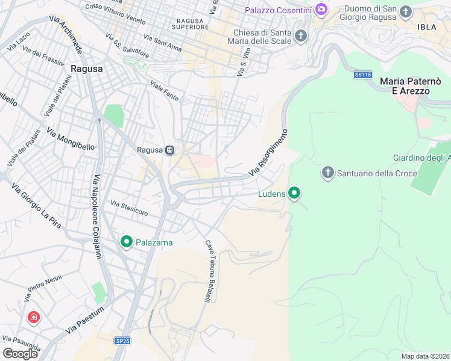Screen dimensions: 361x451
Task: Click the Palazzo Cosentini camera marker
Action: [x=321, y=9]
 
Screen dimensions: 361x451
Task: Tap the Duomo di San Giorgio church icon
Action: [x=406, y=11]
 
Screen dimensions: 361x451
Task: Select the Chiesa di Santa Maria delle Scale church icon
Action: [x=301, y=36]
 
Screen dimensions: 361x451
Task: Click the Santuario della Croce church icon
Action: [x=328, y=173]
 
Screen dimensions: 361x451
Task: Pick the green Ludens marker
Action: [x=294, y=193]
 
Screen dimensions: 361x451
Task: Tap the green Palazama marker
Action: [x=127, y=242]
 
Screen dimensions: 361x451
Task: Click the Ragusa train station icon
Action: [x=171, y=150]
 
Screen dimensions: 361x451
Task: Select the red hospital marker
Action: [x=33, y=316]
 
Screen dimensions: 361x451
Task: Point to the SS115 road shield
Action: [x=362, y=75]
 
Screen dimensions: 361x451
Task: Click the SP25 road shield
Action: [x=122, y=341]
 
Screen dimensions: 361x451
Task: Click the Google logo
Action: [x=20, y=353]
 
